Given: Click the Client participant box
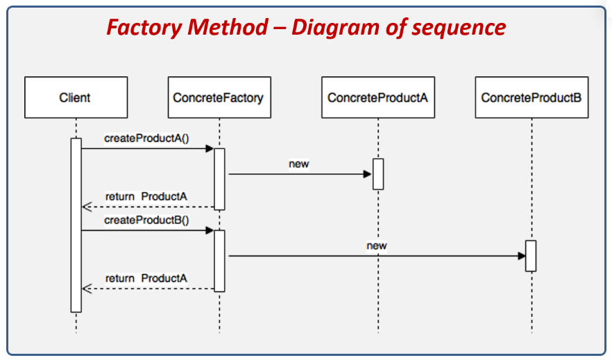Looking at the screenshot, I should pos(75,97).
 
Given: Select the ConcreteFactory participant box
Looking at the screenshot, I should pos(218,97).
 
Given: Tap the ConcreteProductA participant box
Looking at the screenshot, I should pos(377,97).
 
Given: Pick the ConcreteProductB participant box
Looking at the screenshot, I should pos(532,97).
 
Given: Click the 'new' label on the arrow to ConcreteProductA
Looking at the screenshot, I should pos(298,164).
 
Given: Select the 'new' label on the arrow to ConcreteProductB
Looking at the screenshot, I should pos(377,246).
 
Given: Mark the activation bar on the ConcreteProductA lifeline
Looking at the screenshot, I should pos(378,174).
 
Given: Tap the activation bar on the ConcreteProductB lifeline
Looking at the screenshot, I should pos(531,256).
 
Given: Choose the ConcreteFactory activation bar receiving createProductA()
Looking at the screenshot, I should pos(219,179).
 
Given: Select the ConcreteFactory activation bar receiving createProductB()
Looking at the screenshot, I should pos(219,261).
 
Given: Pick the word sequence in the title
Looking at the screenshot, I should pos(459,27).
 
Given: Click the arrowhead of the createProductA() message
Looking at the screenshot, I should pos(209,148).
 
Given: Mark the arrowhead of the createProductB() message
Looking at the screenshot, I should pos(209,231).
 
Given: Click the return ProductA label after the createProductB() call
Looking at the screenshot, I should pos(146,278).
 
